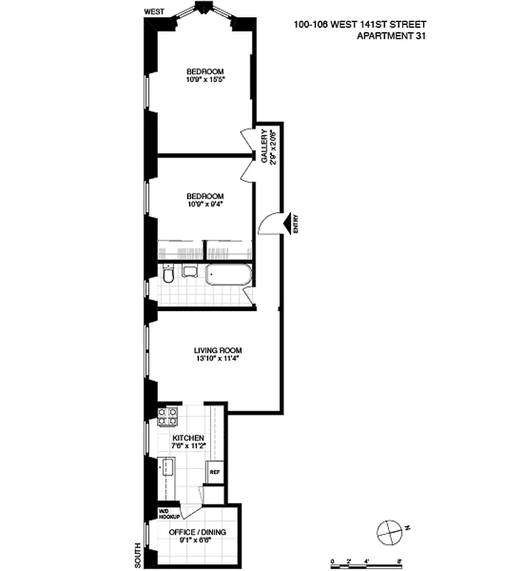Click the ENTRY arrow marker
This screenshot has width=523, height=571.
pos(289,224)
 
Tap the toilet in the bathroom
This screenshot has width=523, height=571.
pos(168,274)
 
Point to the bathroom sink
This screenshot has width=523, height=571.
pos(189,271)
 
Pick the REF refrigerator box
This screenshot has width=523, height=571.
pos(214,472)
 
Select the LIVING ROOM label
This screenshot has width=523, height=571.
pos(218,350)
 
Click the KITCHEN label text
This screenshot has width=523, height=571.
pos(188,438)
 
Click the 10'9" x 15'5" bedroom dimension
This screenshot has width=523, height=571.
pos(205,80)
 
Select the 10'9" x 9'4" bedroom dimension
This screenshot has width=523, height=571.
pos(205,205)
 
